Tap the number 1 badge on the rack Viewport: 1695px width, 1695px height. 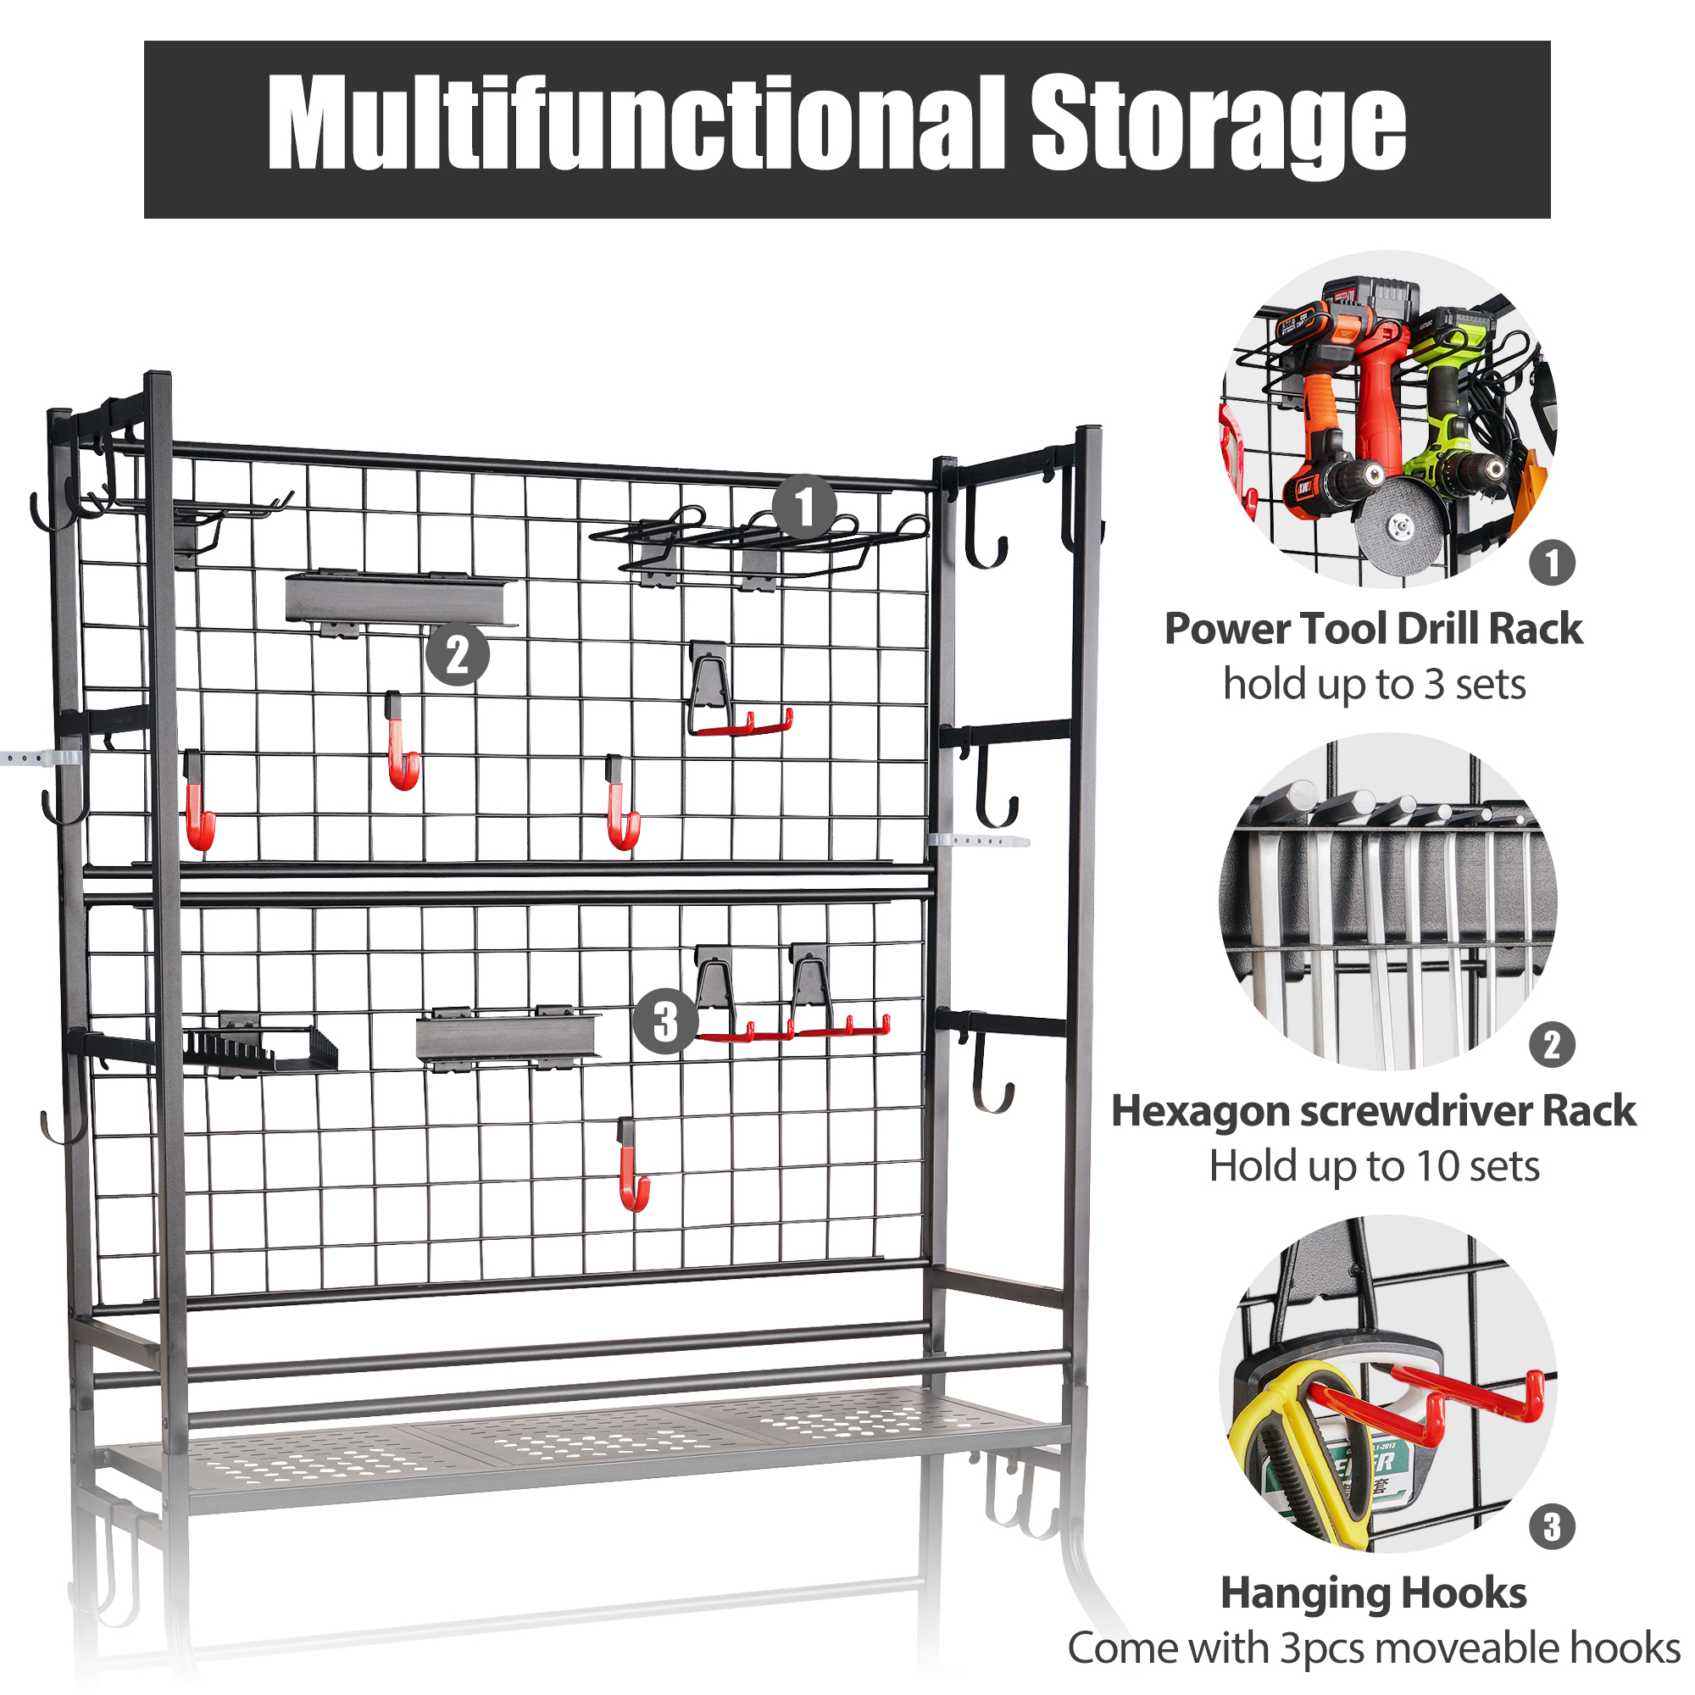coord(803,506)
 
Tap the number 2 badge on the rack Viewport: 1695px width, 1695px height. coord(457,654)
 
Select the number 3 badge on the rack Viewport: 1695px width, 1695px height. coord(665,1021)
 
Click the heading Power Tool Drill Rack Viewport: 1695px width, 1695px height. coord(1373,629)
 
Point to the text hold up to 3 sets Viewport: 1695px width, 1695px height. coord(1374,684)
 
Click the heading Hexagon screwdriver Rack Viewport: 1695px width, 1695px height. coord(1373,1111)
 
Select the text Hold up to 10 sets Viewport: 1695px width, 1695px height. coord(1374,1166)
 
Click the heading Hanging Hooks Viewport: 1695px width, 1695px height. coord(1373,1593)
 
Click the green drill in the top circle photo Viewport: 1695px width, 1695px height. coord(1452,413)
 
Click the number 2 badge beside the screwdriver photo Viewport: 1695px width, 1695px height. coord(1552,1045)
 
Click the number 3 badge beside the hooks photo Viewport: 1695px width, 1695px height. coord(1552,1527)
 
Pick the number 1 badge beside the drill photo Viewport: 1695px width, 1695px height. coord(1552,563)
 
